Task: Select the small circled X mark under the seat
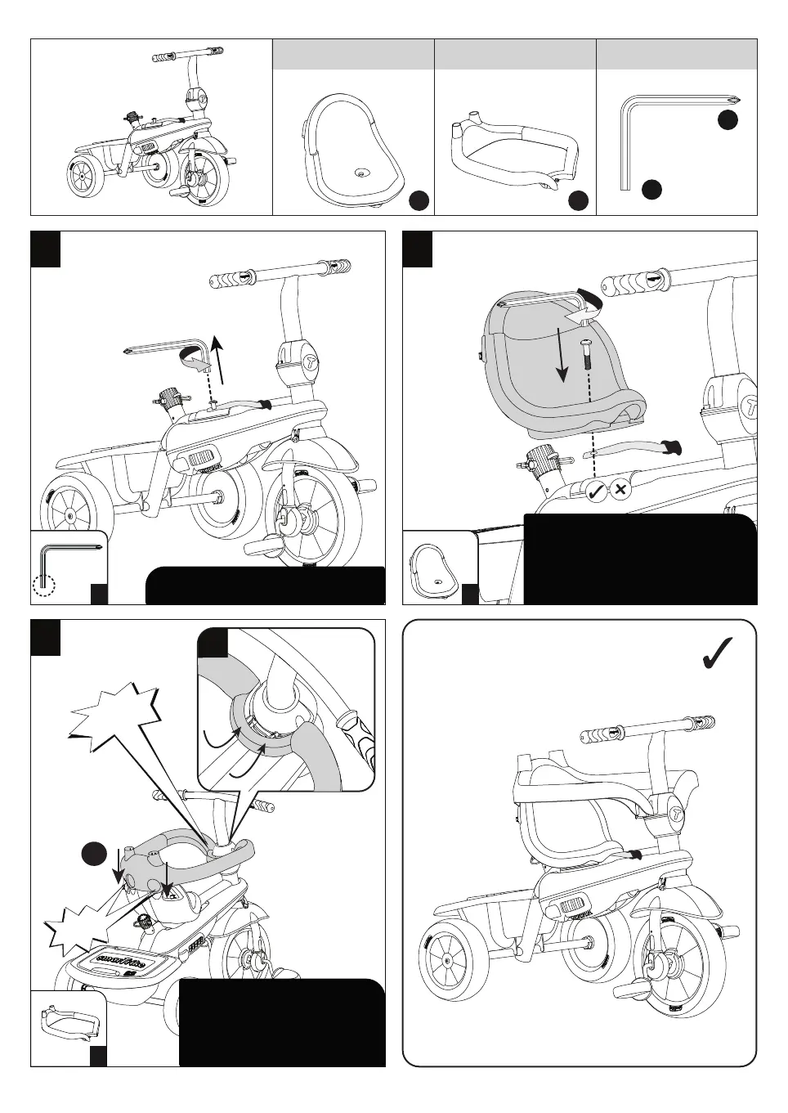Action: click(x=620, y=491)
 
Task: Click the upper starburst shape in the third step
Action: click(x=116, y=720)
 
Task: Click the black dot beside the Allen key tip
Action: click(x=728, y=119)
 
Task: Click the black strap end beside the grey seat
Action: click(x=674, y=447)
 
